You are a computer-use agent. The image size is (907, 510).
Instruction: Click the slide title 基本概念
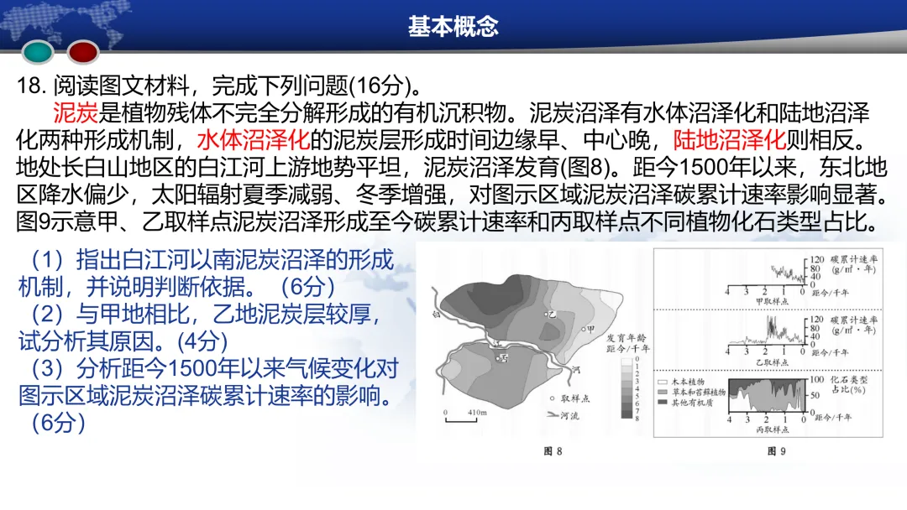click(453, 26)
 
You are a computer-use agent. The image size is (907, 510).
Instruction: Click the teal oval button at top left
click(39, 53)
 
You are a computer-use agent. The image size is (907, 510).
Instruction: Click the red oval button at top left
click(84, 53)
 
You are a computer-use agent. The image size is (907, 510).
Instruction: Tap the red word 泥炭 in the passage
click(76, 112)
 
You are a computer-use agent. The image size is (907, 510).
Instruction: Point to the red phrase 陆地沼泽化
click(729, 138)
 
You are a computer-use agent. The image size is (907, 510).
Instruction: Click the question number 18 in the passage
click(30, 86)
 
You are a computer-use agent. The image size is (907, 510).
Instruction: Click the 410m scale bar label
click(479, 413)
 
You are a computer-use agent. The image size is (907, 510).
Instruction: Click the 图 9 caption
click(777, 452)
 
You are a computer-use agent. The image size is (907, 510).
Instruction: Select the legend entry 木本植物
click(689, 381)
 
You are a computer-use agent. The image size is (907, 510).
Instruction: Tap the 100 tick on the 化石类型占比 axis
click(813, 379)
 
